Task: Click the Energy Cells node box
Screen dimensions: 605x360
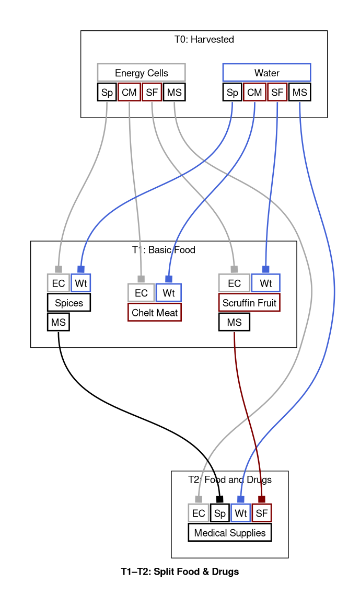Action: [x=141, y=72]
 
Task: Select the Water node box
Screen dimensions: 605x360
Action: [x=266, y=72]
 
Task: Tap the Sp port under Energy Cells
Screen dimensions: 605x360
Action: [x=107, y=93]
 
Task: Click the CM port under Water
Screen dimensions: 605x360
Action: [x=254, y=93]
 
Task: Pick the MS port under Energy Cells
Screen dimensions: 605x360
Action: [x=174, y=93]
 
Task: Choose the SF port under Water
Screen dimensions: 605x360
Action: [x=277, y=93]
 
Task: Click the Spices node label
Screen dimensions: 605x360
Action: [x=69, y=302]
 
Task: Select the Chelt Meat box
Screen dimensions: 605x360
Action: [x=155, y=313]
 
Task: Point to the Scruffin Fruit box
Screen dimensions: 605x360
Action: [x=249, y=302]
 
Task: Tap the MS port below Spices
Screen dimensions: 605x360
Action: [x=58, y=322]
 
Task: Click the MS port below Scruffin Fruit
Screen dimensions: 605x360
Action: [x=234, y=322]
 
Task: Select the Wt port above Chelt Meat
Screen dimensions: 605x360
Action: [x=168, y=292]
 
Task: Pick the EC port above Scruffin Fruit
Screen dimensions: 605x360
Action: [x=234, y=283]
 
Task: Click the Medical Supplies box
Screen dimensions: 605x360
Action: [x=229, y=532]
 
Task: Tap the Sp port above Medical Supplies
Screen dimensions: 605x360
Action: [x=219, y=513]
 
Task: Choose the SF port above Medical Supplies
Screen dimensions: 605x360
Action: [x=262, y=513]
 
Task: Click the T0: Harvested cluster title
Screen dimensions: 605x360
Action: [x=204, y=39]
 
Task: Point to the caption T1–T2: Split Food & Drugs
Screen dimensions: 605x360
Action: [x=180, y=572]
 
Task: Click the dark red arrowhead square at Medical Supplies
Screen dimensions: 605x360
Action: [x=262, y=499]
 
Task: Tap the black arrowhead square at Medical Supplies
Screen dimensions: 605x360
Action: [x=219, y=499]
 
